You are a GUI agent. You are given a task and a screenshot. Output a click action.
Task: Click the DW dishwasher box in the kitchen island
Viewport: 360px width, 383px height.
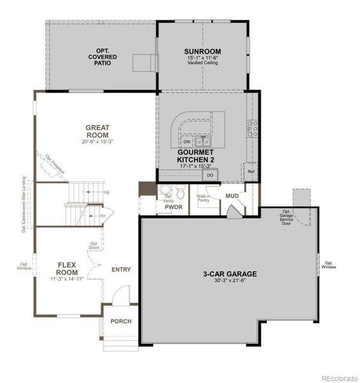click(x=186, y=142)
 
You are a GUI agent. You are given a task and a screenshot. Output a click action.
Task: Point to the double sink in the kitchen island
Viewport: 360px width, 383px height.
click(x=204, y=142)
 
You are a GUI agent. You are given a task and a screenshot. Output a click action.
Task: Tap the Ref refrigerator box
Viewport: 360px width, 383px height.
click(x=251, y=172)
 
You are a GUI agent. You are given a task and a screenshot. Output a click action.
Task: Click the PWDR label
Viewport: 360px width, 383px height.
click(x=174, y=207)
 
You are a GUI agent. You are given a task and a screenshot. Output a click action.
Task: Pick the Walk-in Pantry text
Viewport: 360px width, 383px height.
click(x=204, y=199)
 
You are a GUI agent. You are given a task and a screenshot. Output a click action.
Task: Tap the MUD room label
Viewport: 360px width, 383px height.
click(x=232, y=196)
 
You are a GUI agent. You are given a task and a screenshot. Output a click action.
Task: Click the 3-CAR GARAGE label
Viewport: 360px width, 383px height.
click(x=230, y=273)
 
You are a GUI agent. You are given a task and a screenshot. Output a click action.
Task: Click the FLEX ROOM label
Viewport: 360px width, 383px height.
click(x=67, y=268)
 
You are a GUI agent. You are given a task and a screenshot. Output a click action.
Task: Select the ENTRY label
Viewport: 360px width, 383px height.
click(x=121, y=269)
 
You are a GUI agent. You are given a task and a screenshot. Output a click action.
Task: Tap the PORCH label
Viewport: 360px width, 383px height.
click(x=121, y=321)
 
